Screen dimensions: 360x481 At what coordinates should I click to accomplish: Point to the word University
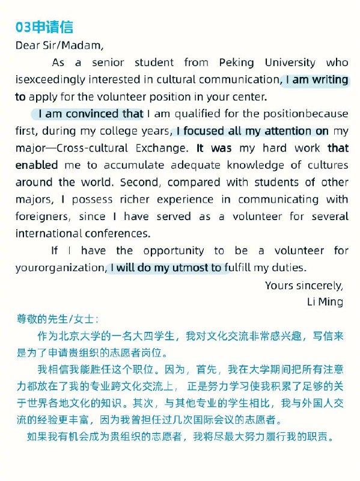coord(294,62)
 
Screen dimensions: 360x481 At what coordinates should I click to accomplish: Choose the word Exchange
coord(163,148)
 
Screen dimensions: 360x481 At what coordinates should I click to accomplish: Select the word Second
coord(138,182)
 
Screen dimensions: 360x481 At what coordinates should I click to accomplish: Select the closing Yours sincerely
coord(304,286)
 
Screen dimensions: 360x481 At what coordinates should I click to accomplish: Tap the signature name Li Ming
coord(325,301)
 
